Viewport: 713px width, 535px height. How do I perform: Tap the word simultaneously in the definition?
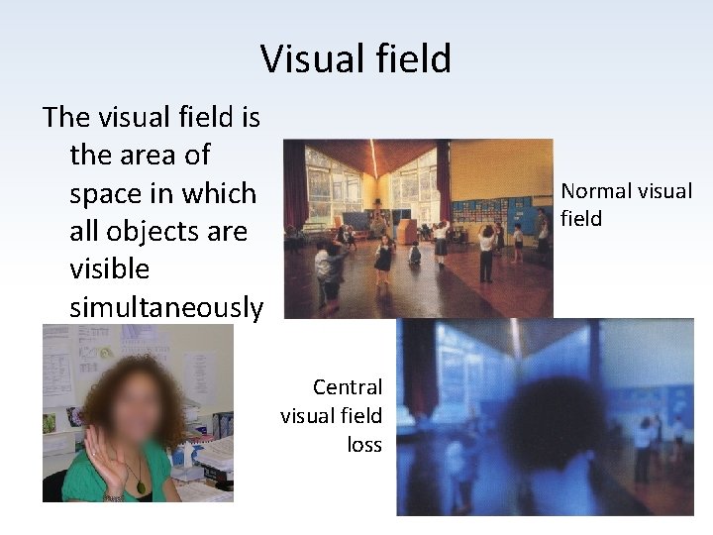tap(166, 307)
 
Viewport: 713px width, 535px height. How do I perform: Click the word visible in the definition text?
tap(110, 268)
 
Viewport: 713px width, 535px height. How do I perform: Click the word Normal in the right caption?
tap(598, 191)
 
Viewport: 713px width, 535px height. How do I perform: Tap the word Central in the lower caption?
tap(347, 386)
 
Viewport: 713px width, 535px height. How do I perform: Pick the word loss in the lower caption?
tap(364, 444)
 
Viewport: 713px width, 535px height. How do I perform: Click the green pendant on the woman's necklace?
tap(141, 485)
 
